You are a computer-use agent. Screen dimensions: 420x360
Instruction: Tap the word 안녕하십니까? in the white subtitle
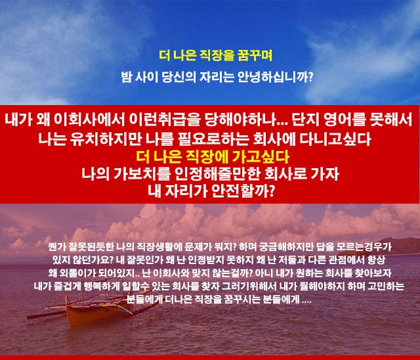pyautogui.click(x=276, y=78)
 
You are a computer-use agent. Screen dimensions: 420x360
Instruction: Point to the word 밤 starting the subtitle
pyautogui.click(x=127, y=78)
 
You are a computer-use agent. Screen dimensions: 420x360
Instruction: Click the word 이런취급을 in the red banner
pyautogui.click(x=165, y=120)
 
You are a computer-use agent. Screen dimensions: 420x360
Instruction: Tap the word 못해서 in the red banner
pyautogui.click(x=390, y=120)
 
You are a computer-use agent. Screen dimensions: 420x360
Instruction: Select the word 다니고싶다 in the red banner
pyautogui.click(x=335, y=139)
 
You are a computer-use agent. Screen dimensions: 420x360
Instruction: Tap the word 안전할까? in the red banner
pyautogui.click(x=243, y=191)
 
